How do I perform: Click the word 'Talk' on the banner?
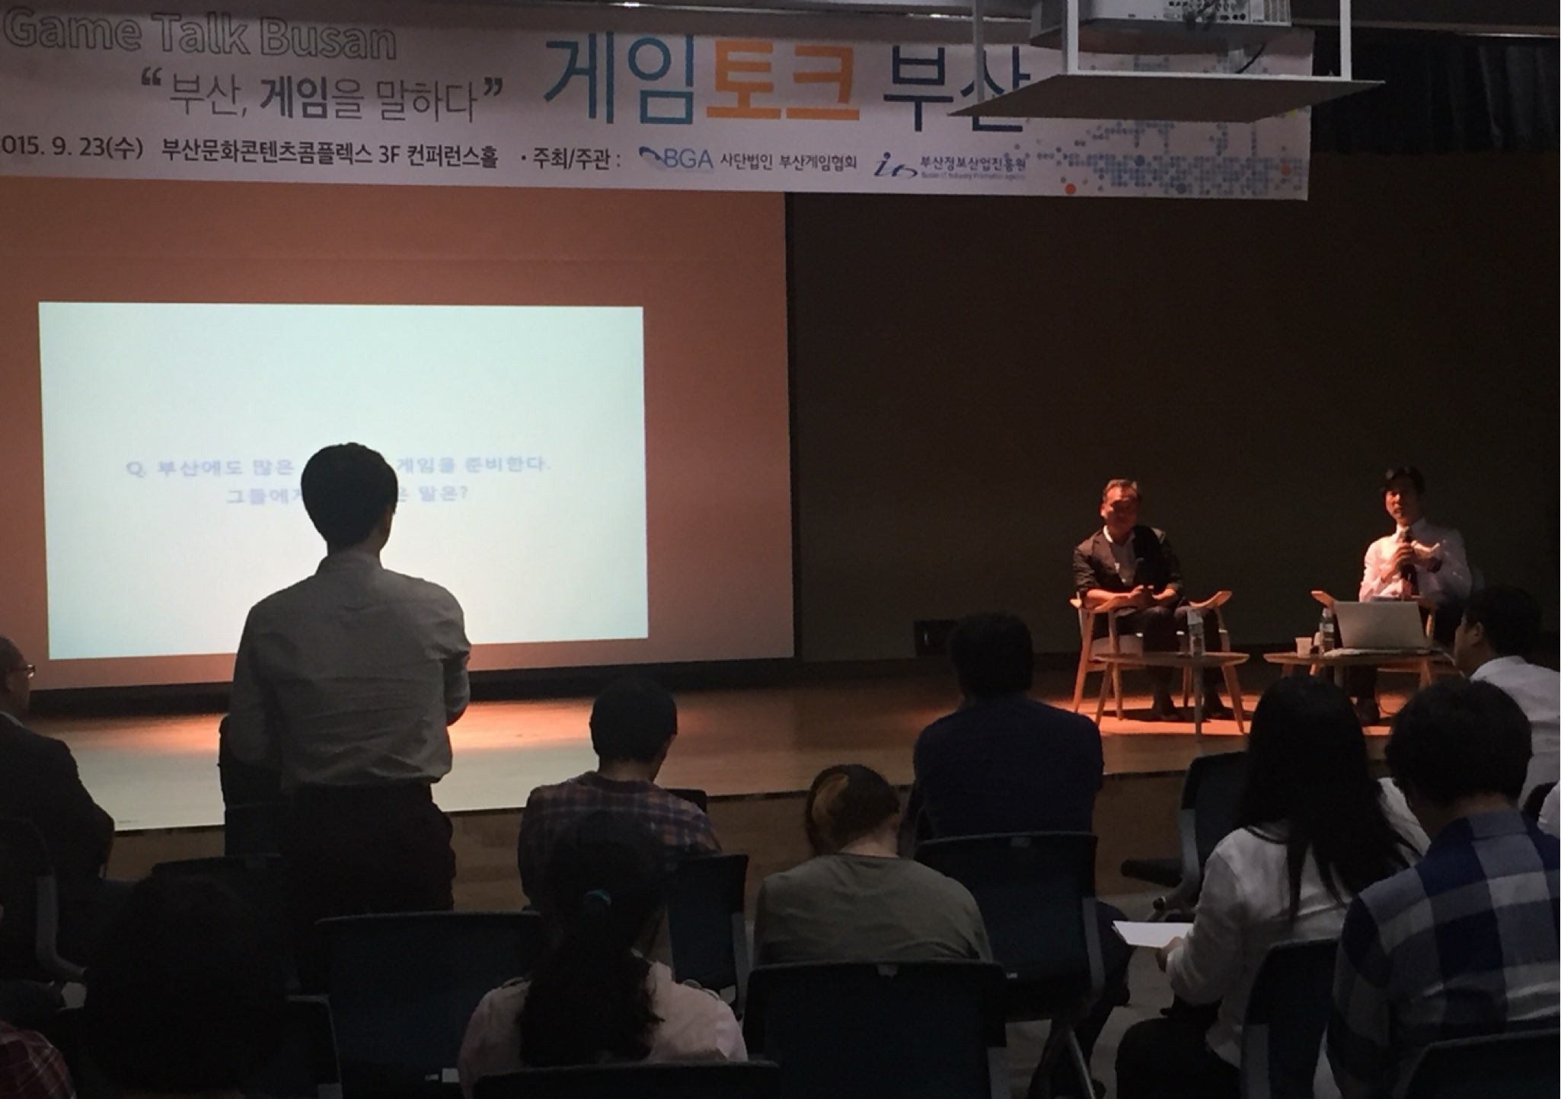pos(200,37)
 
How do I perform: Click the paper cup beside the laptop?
pos(1304,645)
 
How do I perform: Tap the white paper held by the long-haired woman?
pos(1150,933)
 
